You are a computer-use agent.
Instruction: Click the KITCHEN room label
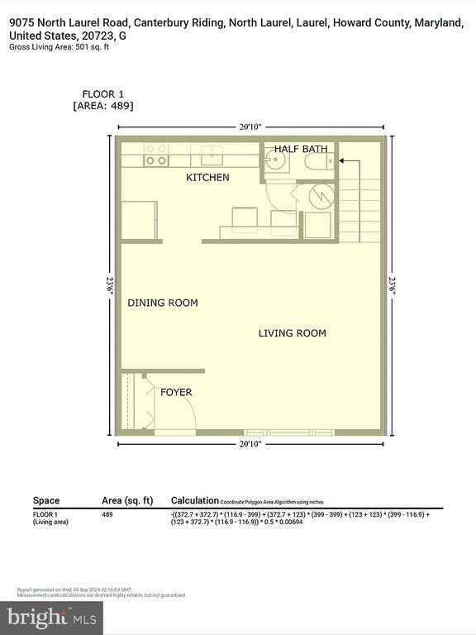coord(207,178)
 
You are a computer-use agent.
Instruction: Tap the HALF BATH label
coord(301,149)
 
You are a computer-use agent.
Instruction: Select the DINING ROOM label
coord(163,303)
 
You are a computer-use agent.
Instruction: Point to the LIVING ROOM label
coord(292,333)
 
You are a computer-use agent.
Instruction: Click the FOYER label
coord(176,392)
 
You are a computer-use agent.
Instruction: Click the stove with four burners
coord(155,155)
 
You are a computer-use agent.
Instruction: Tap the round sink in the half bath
coord(276,161)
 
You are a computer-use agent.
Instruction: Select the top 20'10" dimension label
coord(250,127)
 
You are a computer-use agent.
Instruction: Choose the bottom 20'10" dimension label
coord(250,444)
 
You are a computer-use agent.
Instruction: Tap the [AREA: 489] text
coord(103,106)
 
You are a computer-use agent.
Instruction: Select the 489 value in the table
coord(108,514)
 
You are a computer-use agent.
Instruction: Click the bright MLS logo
coord(51,617)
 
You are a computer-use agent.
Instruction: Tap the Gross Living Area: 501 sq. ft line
coord(59,47)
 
